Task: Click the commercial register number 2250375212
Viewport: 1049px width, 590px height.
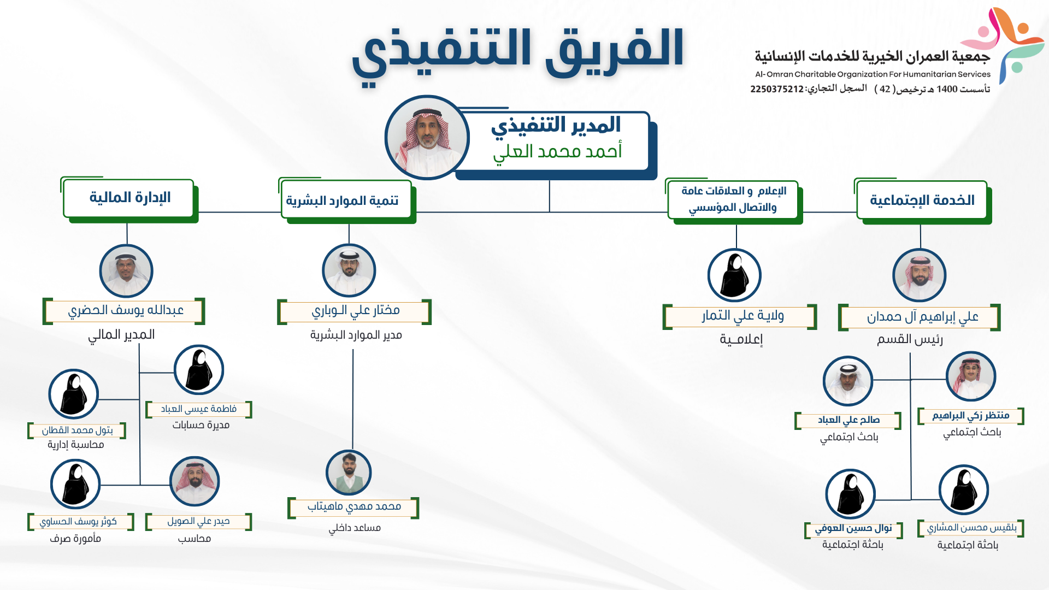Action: point(777,89)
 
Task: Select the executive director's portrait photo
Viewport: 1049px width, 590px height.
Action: point(427,138)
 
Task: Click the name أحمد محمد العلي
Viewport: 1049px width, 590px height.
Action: point(557,151)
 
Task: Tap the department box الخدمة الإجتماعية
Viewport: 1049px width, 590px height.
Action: point(922,200)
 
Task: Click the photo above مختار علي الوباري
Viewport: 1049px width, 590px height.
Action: point(349,270)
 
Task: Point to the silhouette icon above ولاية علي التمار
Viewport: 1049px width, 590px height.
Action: point(734,275)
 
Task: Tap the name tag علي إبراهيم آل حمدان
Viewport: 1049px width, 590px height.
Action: point(920,317)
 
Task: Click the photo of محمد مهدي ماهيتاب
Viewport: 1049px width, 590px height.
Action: point(349,473)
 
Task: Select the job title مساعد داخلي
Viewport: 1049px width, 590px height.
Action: point(355,528)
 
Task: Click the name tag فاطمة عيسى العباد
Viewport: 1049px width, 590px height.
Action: point(199,409)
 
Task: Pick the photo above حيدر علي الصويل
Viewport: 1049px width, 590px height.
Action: point(195,481)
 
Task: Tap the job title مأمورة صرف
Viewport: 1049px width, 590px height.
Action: point(75,539)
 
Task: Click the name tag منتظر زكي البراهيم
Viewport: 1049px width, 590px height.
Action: point(971,416)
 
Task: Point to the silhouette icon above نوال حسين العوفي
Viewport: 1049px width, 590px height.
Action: point(850,494)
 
